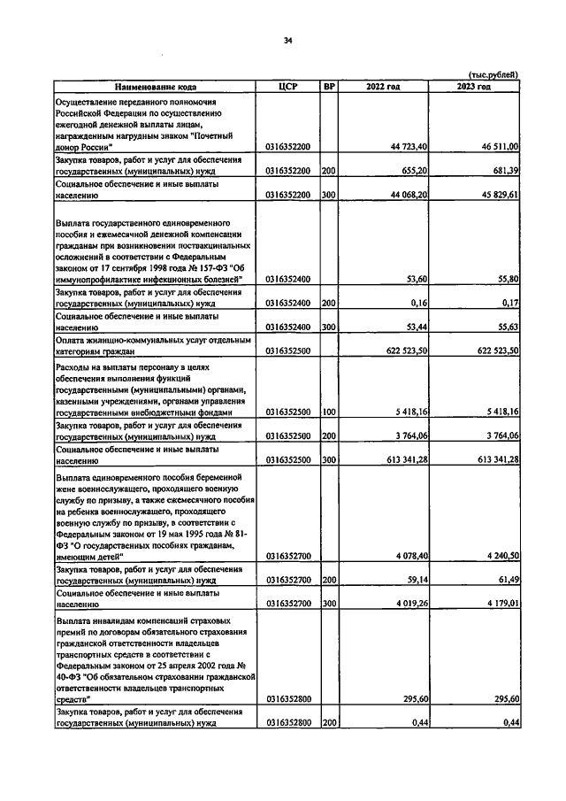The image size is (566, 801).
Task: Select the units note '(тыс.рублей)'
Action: (x=491, y=76)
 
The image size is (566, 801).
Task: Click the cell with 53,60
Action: (x=417, y=279)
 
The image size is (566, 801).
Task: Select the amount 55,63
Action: (x=507, y=327)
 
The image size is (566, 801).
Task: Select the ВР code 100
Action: (x=329, y=412)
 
